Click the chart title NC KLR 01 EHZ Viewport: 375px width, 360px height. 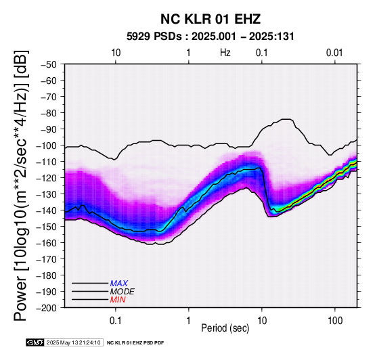coord(211,19)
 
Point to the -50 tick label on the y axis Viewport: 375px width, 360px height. coord(49,64)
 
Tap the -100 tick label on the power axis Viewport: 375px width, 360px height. coord(47,145)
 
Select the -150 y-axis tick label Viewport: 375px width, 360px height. coord(47,227)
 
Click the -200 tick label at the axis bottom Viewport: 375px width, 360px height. coord(47,308)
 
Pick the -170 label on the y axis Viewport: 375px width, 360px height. coord(47,259)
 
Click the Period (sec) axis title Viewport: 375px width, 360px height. coord(225,328)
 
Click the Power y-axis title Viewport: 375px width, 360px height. coord(21,185)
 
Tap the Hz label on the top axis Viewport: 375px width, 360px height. coord(225,53)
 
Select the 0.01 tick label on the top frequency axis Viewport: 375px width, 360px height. coord(334,53)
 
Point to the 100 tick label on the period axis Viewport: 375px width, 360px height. coord(335,321)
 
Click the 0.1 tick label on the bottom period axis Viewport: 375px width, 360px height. coord(116,321)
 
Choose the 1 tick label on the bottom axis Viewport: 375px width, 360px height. coord(189,321)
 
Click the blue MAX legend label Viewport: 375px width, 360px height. coord(119,284)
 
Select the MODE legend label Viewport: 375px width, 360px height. coord(123,292)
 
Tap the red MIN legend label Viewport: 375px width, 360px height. coord(118,300)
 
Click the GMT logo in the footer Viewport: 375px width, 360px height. coord(35,342)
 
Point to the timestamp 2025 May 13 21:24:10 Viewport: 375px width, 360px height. coord(73,342)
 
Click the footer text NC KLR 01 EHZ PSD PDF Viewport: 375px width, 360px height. coord(135,343)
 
